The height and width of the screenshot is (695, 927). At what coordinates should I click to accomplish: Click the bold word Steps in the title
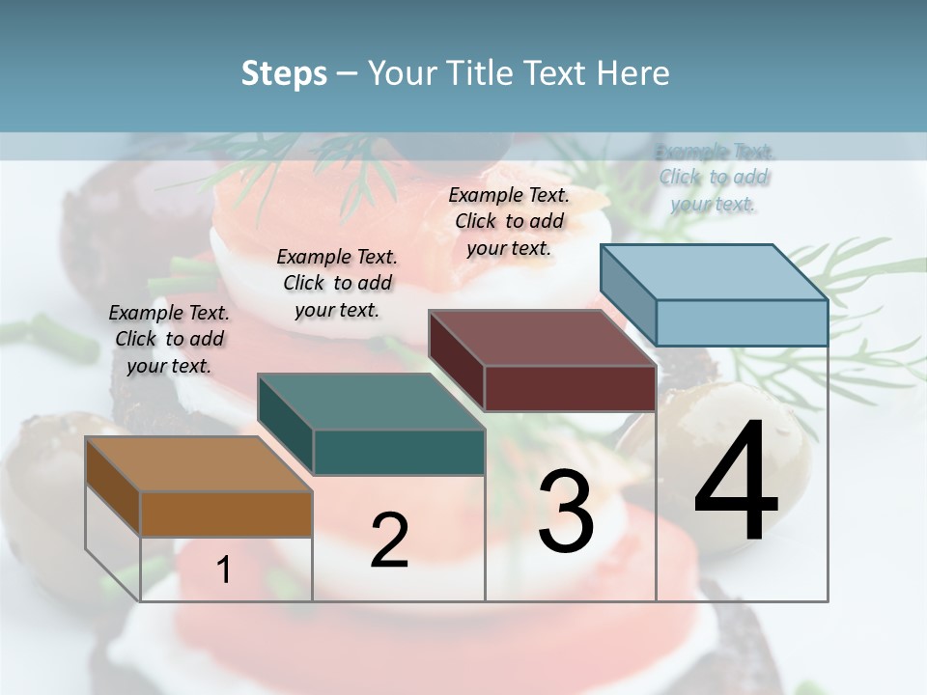coord(284,73)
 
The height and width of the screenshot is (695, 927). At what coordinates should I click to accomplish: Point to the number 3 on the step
coord(565,512)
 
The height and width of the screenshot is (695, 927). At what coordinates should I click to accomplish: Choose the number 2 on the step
coord(389,541)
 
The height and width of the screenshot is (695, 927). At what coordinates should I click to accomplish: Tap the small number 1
coord(224,570)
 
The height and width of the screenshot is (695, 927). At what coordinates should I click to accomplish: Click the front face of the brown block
coord(226,514)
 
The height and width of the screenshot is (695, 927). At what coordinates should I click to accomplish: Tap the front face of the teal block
coord(399,452)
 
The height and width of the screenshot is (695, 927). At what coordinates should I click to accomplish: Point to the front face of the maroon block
coord(570,388)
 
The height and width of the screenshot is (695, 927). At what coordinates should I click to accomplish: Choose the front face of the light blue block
coord(742,322)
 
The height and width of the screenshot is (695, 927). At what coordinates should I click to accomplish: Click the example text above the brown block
coord(169,339)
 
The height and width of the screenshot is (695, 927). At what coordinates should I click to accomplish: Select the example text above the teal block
coord(337,283)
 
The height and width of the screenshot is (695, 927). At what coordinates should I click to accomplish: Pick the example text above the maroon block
coord(509,221)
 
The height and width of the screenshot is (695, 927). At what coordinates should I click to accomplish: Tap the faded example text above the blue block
coord(715,178)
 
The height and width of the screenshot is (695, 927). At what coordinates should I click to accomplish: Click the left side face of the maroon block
coord(456,357)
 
